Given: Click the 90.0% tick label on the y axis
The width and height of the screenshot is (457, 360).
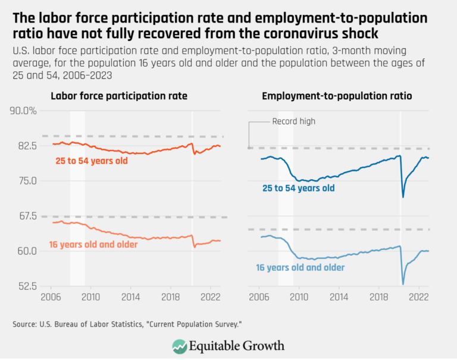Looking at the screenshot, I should point(23,111).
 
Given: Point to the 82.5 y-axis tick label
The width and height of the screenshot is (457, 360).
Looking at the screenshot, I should point(26,146).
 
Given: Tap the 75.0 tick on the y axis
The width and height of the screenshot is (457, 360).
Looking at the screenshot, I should point(26,181).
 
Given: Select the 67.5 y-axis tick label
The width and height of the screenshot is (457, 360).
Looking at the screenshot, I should point(26,215).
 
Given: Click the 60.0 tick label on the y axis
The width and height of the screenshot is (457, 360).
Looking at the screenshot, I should point(26,251).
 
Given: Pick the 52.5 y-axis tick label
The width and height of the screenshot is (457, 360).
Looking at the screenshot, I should point(26,286).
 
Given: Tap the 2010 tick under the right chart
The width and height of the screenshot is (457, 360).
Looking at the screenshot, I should point(299,295).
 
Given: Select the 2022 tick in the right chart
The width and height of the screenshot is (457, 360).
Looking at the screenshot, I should point(418,295).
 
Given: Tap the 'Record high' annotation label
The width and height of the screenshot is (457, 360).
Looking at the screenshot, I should point(293,121).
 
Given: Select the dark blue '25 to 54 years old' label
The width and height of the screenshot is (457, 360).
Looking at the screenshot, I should point(299,188).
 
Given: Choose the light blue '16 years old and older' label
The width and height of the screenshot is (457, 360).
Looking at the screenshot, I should point(301,267).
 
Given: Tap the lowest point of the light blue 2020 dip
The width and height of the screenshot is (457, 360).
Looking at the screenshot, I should point(403,284).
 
